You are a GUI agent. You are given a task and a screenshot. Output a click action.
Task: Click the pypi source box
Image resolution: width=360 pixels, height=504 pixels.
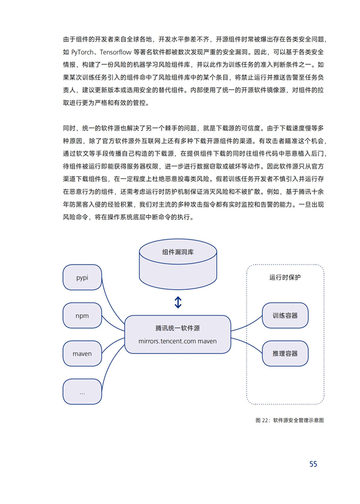[x=82, y=277]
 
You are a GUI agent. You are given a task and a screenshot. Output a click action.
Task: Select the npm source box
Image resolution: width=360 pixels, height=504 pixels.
[x=82, y=316]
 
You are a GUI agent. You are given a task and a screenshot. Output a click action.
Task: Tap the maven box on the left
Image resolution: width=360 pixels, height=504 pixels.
[x=82, y=353]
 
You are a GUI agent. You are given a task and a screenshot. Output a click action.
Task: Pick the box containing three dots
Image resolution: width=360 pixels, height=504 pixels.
[x=82, y=391]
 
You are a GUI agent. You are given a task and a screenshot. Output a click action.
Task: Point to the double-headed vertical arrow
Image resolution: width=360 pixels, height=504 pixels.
[x=178, y=302]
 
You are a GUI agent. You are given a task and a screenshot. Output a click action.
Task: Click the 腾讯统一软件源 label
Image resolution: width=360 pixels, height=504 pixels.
[x=178, y=328]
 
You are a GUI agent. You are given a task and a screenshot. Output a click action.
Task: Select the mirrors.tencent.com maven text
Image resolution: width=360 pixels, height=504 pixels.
[x=178, y=341]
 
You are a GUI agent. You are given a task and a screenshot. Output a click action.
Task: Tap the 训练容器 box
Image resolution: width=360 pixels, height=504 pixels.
[x=285, y=316]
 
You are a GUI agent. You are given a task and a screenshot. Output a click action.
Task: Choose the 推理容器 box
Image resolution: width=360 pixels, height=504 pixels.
[x=285, y=353]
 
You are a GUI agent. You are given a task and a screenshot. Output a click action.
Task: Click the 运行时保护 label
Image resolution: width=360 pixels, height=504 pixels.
[x=285, y=277]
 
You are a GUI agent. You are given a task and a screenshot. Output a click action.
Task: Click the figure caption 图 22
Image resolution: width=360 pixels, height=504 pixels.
[x=290, y=420]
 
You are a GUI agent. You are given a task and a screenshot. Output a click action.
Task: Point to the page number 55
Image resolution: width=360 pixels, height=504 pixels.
[x=313, y=464]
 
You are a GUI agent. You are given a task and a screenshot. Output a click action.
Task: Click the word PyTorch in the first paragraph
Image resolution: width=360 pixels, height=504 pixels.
[x=83, y=52]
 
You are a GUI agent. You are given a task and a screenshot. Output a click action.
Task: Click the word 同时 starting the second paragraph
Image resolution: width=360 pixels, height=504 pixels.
[x=69, y=128]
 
